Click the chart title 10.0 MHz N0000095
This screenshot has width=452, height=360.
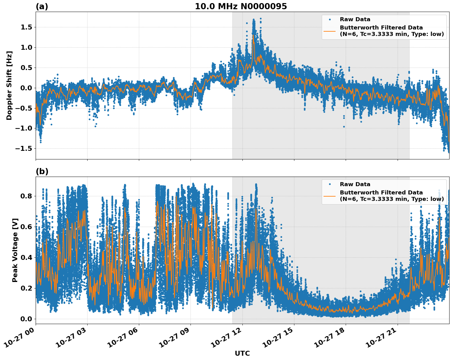(241, 6)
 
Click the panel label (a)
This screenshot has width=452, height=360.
(42, 6)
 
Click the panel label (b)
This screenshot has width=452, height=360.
(42, 171)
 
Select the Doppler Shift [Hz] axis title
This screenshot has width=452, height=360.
(9, 85)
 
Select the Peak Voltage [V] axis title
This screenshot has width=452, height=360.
(15, 250)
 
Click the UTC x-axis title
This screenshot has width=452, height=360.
(242, 353)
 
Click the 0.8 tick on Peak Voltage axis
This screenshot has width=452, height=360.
(26, 196)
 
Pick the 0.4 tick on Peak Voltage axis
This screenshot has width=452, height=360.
(26, 257)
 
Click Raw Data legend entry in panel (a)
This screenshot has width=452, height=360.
(355, 19)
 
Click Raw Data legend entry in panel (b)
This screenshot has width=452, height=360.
(355, 184)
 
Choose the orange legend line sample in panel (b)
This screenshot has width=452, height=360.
(330, 196)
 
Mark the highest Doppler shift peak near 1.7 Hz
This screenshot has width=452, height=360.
(254, 20)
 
